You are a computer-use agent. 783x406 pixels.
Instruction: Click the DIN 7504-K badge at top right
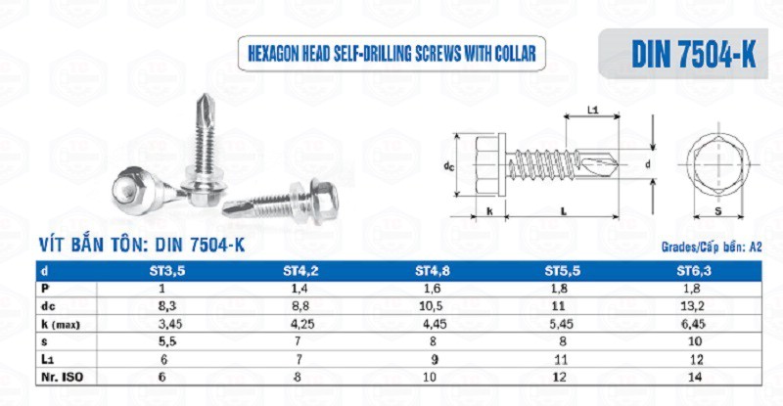(x=683, y=54)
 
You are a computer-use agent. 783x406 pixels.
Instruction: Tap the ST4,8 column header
(x=433, y=271)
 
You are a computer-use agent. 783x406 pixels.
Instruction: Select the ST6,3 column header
(x=694, y=271)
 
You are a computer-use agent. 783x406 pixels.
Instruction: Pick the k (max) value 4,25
(x=302, y=324)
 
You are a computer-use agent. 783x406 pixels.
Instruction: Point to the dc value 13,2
(x=692, y=306)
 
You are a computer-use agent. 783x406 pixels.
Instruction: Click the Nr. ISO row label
(x=62, y=378)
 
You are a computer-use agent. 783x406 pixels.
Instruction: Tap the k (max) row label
(x=61, y=325)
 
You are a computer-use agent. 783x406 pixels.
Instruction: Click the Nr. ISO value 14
(x=695, y=377)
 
